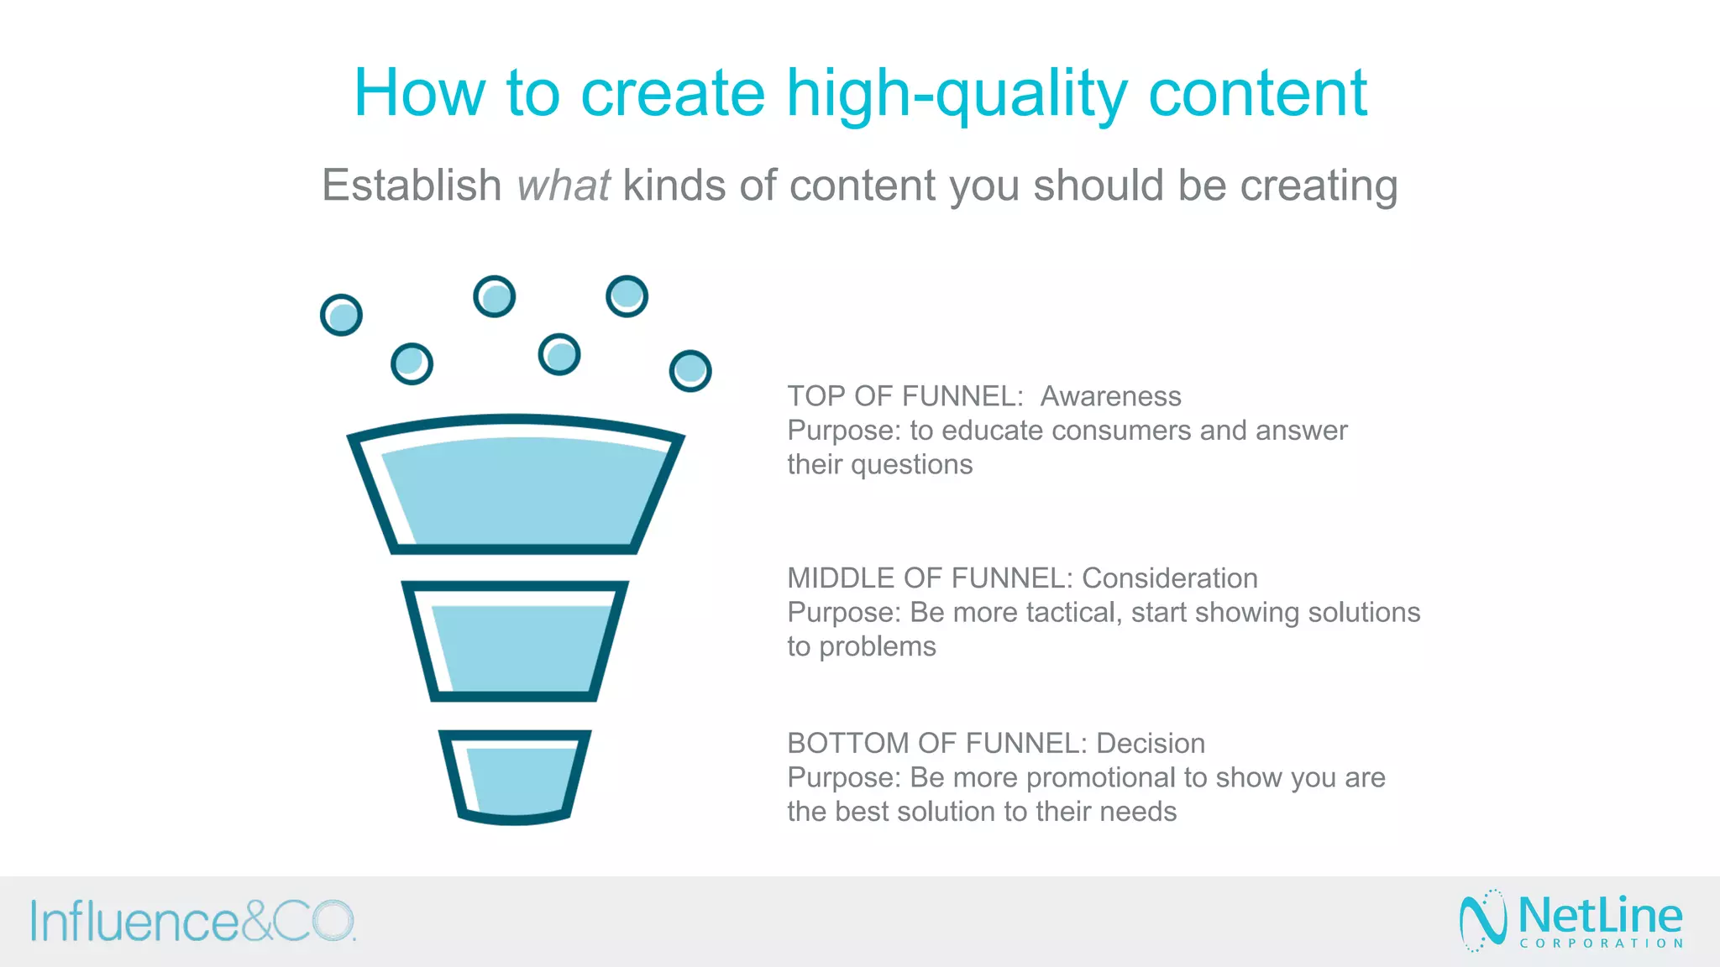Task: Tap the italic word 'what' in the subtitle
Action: pyautogui.click(x=563, y=186)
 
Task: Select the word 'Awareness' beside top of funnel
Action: pyautogui.click(x=1110, y=396)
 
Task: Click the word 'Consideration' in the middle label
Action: pyautogui.click(x=1169, y=578)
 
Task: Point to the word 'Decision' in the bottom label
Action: pyautogui.click(x=1150, y=744)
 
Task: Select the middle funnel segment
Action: pyautogui.click(x=515, y=646)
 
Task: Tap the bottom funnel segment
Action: pyautogui.click(x=515, y=776)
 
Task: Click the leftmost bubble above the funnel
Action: pyautogui.click(x=341, y=316)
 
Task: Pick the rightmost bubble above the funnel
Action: pyautogui.click(x=690, y=371)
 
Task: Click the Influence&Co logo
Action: pyautogui.click(x=193, y=922)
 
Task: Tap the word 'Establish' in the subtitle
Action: pyautogui.click(x=412, y=186)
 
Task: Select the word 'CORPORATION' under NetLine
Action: pyautogui.click(x=1601, y=943)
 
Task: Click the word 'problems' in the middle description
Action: pyautogui.click(x=877, y=647)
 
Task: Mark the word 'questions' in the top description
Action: pyautogui.click(x=911, y=465)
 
